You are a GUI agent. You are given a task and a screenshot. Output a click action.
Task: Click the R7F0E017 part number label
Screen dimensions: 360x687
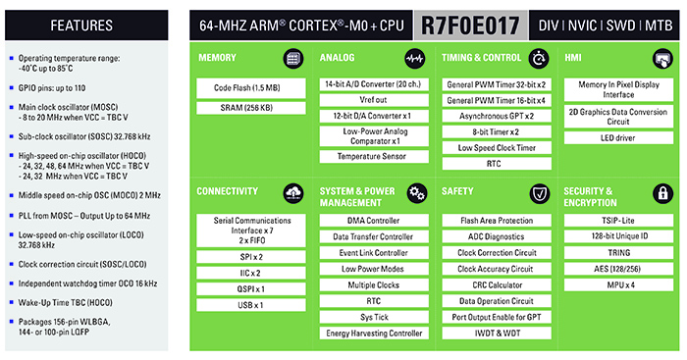[x=472, y=24]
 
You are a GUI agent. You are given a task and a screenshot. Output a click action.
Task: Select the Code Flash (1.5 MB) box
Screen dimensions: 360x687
[x=251, y=88]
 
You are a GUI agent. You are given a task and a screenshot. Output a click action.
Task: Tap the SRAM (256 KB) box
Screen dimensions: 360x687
[x=251, y=108]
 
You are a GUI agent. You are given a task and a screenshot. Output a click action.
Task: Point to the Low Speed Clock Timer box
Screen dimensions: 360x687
[x=497, y=147]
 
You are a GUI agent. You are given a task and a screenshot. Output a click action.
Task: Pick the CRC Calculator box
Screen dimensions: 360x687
[x=497, y=285]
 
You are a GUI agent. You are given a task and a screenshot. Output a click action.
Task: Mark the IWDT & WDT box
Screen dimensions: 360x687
[x=497, y=334]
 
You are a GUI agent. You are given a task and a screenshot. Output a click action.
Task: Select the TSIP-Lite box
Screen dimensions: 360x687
[x=618, y=221]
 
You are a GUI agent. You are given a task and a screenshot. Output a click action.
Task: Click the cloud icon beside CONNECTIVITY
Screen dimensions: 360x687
[x=295, y=192]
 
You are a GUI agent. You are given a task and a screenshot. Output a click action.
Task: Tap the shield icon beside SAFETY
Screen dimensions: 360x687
[x=538, y=192]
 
